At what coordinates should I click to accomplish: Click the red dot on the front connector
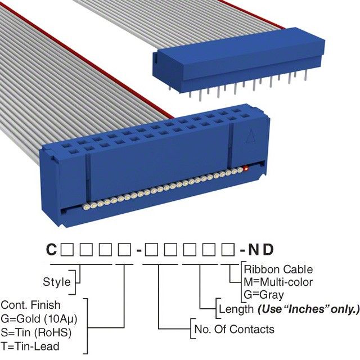246,169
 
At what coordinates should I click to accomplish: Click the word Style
57,282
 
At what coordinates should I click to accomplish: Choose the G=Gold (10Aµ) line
39,318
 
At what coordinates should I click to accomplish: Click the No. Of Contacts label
234,329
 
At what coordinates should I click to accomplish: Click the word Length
236,309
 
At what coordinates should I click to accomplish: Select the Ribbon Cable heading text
278,269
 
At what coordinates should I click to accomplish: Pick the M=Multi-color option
278,282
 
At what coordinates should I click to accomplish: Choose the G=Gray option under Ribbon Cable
264,294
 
